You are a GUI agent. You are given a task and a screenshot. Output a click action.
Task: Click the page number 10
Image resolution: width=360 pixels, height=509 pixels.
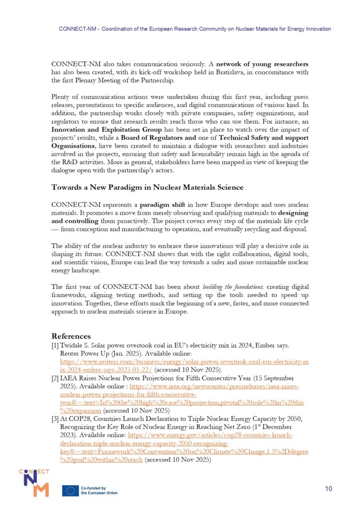pos(328,489)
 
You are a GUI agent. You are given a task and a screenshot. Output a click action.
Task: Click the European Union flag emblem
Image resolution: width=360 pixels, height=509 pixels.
pos(70,491)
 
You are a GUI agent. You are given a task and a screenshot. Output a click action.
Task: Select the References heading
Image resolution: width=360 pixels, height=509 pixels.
pos(71,336)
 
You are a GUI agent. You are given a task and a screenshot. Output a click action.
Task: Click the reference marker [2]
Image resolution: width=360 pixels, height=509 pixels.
pos(55,379)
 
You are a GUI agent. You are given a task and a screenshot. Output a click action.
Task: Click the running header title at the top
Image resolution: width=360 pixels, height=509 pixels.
pos(194,29)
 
